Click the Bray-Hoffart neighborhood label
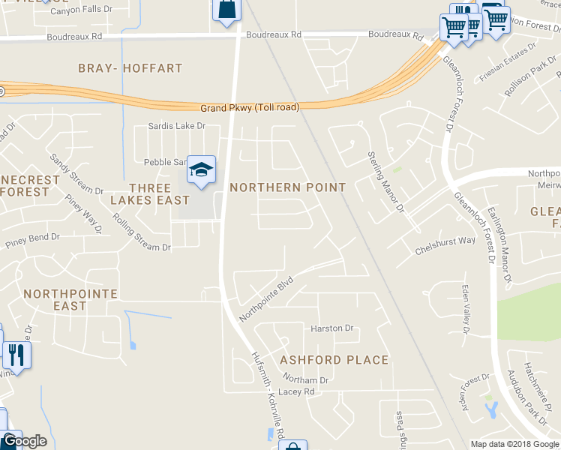tap(130, 68)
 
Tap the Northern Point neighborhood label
tap(287, 187)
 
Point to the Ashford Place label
tap(334, 360)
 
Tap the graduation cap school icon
tap(201, 170)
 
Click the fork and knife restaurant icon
tap(16, 353)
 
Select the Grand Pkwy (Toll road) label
tap(249, 107)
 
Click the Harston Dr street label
tap(331, 328)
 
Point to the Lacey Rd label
tap(298, 391)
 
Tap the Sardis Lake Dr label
tap(176, 126)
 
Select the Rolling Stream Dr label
tap(136, 232)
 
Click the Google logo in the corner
tap(24, 441)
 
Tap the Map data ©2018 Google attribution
tap(514, 444)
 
